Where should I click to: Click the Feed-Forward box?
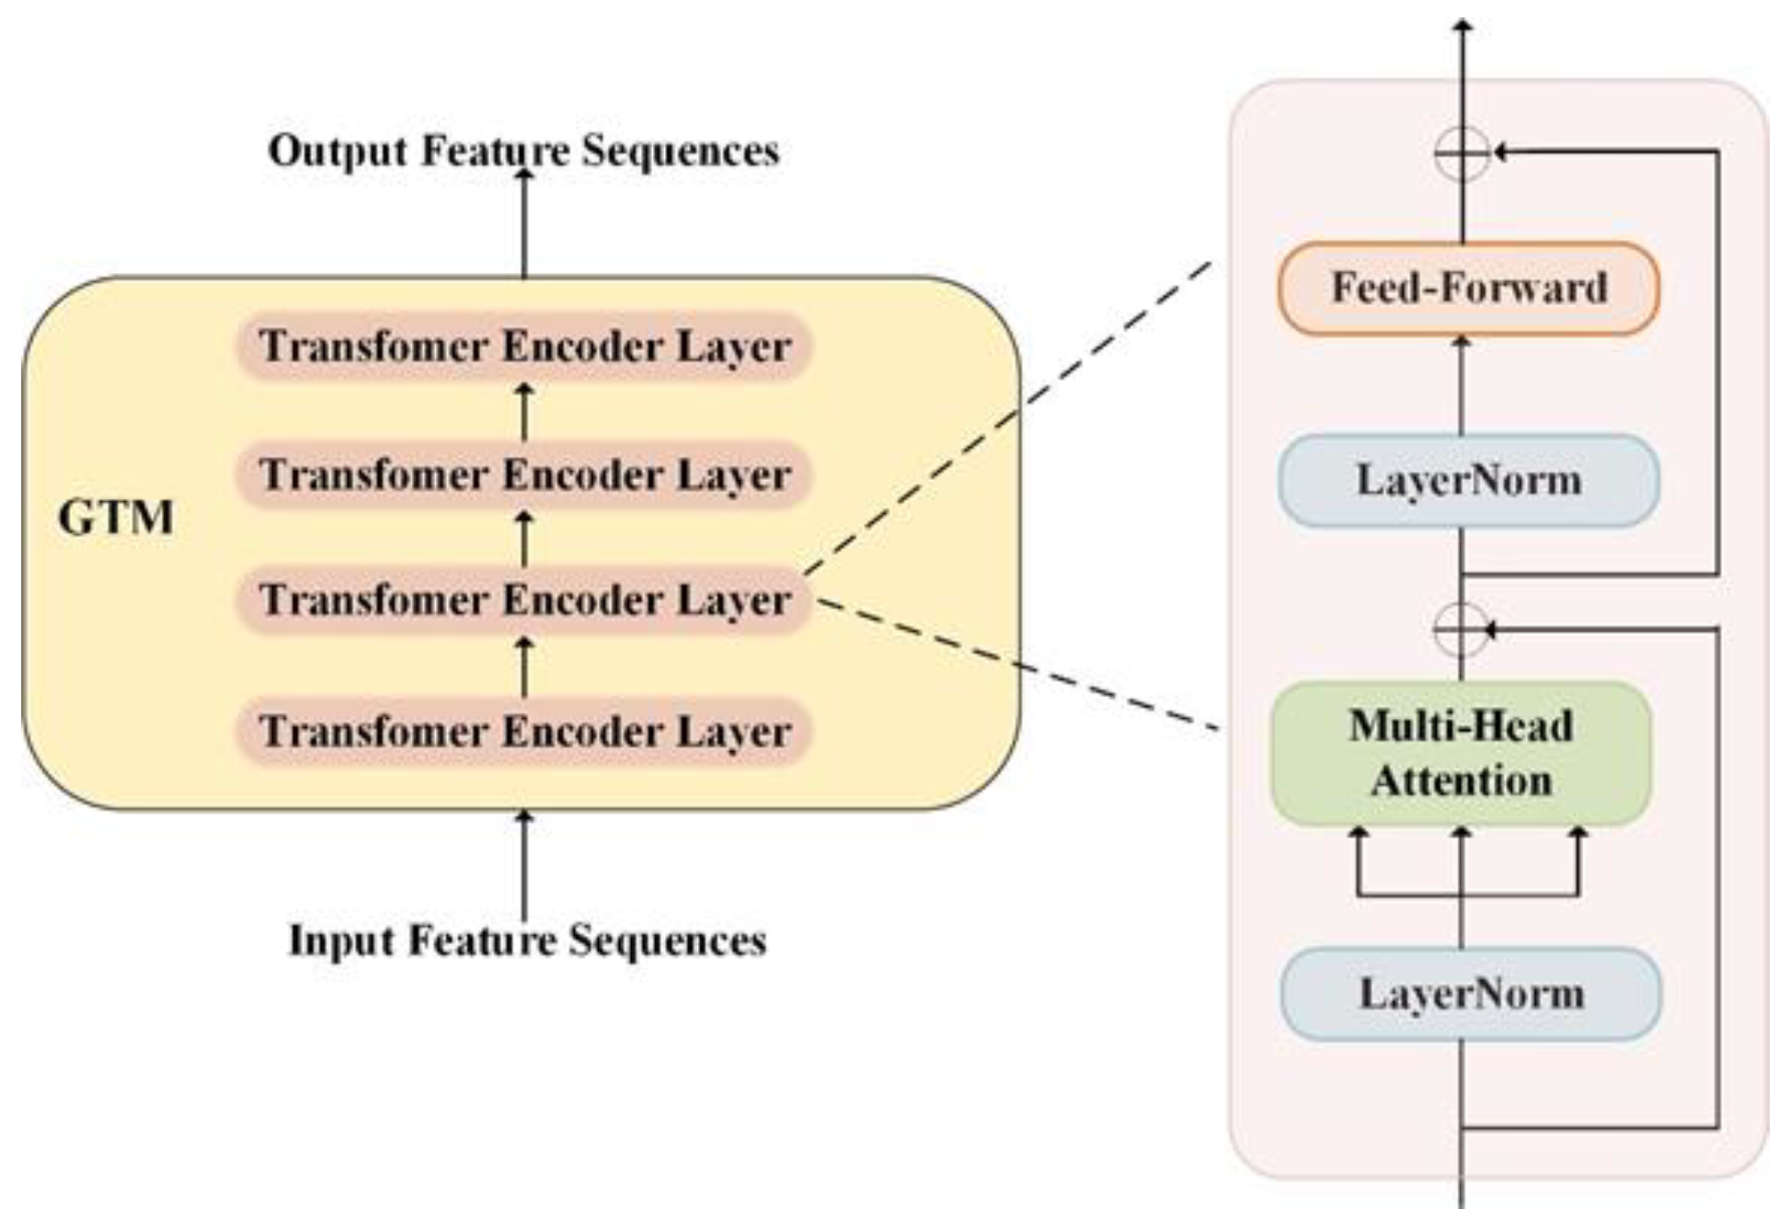(1468, 288)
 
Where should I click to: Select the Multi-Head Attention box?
(1461, 753)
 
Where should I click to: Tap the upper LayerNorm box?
(1468, 480)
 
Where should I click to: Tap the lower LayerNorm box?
(1470, 994)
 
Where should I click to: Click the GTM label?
(116, 518)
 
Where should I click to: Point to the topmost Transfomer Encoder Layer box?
(524, 347)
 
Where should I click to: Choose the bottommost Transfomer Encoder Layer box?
(524, 732)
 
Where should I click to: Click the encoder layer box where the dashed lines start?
(524, 600)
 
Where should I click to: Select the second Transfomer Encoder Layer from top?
(524, 475)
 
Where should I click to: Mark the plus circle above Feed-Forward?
(1462, 153)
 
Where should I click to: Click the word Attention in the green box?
(1461, 781)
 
